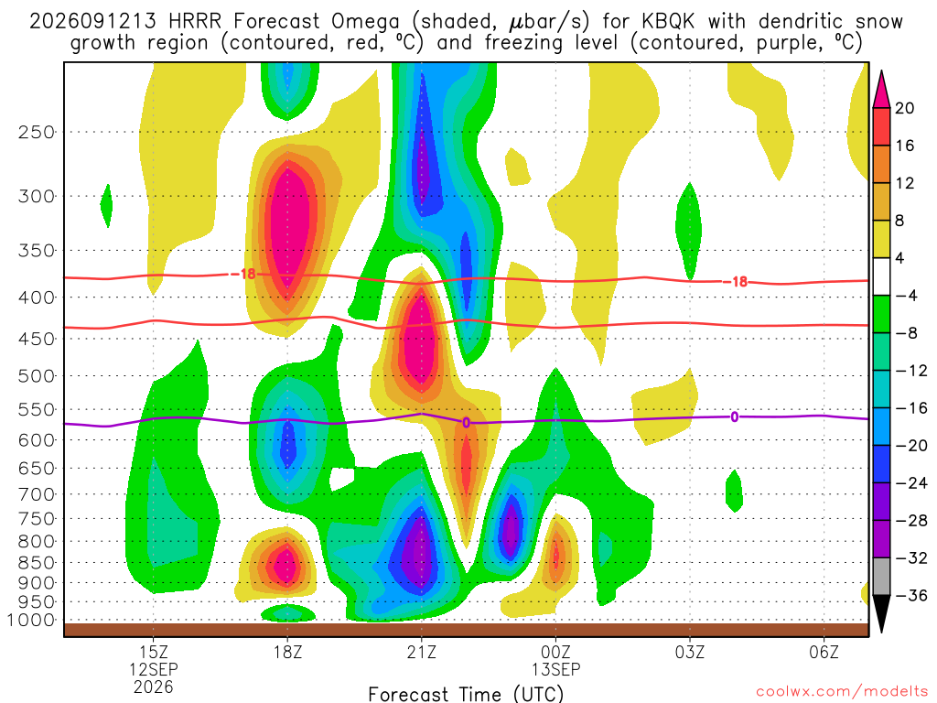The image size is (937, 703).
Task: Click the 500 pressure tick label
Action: (37, 376)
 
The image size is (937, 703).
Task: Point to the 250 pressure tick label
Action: (37, 132)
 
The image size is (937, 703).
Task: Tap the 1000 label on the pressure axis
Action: (32, 620)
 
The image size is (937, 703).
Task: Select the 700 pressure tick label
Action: (37, 494)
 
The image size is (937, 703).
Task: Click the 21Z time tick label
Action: (422, 652)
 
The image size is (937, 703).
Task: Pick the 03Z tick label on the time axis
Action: (690, 652)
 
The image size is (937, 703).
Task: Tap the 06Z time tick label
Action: (824, 652)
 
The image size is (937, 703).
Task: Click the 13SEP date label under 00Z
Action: (555, 669)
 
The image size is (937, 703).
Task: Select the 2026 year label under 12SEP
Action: (154, 687)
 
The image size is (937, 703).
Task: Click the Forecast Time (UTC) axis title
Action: (466, 694)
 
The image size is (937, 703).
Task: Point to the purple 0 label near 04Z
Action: (735, 417)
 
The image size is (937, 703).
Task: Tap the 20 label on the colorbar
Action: (904, 108)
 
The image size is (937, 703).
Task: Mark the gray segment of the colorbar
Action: (881, 577)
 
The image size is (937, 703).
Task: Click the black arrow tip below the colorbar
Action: (881, 632)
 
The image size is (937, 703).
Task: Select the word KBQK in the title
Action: (669, 22)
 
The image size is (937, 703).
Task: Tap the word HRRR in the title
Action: (195, 22)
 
